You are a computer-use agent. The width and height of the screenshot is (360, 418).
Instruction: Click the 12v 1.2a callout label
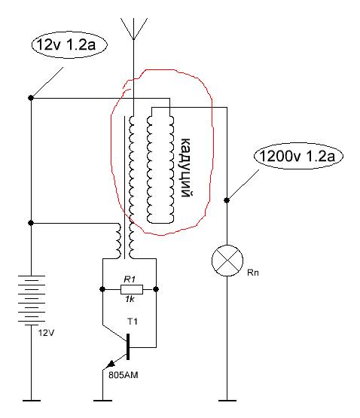click(x=69, y=44)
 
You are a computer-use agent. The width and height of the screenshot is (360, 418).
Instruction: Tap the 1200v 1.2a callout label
click(x=298, y=156)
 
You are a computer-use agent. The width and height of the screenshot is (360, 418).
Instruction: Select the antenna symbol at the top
click(x=134, y=29)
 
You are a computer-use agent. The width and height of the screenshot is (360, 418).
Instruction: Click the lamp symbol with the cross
click(x=227, y=261)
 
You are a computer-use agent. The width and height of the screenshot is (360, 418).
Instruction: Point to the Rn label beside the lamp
click(x=253, y=273)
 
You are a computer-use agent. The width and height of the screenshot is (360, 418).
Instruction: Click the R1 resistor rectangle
click(x=132, y=289)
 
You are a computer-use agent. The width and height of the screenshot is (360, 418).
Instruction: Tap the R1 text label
click(x=130, y=279)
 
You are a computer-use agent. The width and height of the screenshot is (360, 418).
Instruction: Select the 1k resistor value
click(x=130, y=299)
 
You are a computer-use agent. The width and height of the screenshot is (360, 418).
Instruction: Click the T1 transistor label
click(x=133, y=322)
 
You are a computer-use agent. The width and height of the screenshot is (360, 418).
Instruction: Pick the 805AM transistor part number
click(x=124, y=375)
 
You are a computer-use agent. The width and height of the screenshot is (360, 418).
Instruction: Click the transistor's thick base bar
click(x=128, y=346)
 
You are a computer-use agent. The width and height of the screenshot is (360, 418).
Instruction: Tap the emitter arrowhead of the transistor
click(x=111, y=365)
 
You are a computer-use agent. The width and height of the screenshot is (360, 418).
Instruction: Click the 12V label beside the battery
click(x=46, y=333)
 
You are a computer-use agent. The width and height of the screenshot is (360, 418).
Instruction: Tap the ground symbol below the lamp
click(x=227, y=401)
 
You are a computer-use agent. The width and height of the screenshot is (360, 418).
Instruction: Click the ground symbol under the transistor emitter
click(x=102, y=401)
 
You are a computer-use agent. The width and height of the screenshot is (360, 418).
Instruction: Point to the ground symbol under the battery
click(x=32, y=401)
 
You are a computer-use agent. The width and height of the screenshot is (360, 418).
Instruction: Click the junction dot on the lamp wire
click(x=227, y=200)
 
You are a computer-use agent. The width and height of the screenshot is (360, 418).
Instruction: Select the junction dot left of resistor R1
click(x=102, y=289)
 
